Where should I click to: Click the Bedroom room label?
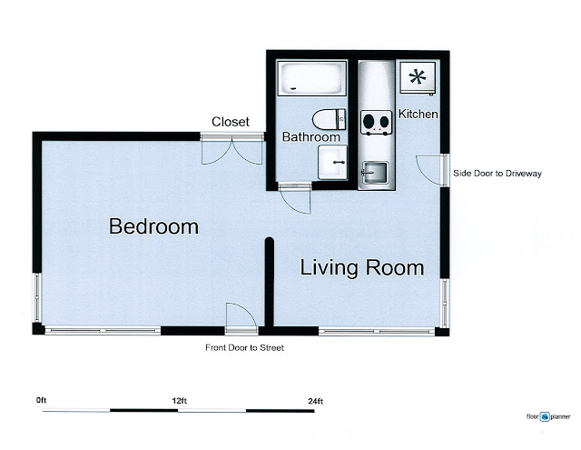click(x=153, y=226)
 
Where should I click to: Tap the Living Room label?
click(x=361, y=267)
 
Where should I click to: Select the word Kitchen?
click(x=418, y=114)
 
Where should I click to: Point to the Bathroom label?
click(x=310, y=137)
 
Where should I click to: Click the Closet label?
click(x=230, y=122)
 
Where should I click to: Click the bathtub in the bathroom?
click(x=312, y=78)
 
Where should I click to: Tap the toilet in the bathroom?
click(x=329, y=119)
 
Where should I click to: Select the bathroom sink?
click(x=333, y=162)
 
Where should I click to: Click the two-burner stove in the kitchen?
click(x=376, y=122)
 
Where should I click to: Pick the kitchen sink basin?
click(x=375, y=173)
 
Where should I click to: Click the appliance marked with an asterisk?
click(x=418, y=77)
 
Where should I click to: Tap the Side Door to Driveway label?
click(x=497, y=174)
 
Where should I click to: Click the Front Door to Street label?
click(x=244, y=347)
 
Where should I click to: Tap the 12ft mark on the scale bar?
click(x=180, y=401)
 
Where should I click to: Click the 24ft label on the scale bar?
click(x=315, y=401)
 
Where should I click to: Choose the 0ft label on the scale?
click(x=41, y=400)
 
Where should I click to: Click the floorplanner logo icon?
click(x=545, y=416)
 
